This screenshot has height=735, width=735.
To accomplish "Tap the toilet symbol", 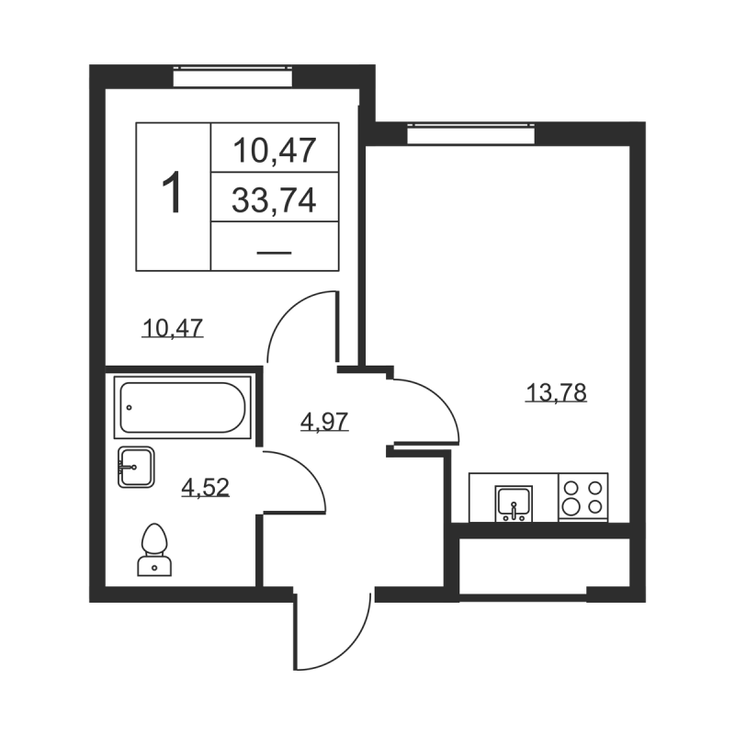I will (155, 549).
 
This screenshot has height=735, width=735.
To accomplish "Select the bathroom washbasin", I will (134, 467).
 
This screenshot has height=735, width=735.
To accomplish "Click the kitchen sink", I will (513, 501).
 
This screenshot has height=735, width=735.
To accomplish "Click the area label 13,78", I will (556, 393).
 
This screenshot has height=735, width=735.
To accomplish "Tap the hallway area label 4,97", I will (325, 422).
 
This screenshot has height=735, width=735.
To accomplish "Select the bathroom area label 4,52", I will (205, 487).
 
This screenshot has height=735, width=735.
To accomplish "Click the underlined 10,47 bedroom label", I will (172, 326).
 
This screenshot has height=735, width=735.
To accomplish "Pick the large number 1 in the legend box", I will (173, 196).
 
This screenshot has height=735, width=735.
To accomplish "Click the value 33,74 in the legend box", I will (274, 199).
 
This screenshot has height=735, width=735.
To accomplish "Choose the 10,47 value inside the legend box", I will (274, 148).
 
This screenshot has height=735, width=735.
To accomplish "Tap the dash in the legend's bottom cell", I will (274, 249).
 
